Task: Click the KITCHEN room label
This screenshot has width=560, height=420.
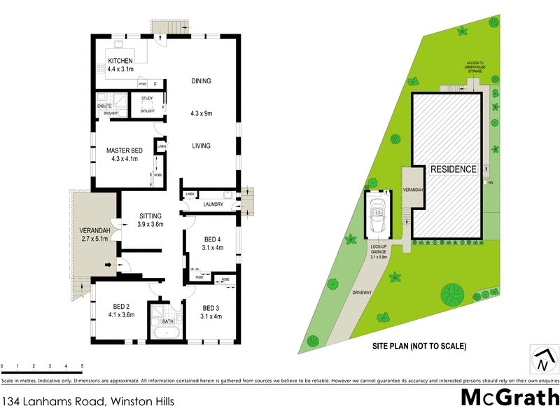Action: (x=120, y=62)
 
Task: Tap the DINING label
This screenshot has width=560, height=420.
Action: (x=201, y=81)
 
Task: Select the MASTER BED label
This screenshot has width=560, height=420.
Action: (x=124, y=150)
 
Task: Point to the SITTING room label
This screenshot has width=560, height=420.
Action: (x=150, y=216)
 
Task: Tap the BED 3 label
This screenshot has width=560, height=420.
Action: (x=212, y=308)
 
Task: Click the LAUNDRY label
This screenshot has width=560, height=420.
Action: (x=213, y=204)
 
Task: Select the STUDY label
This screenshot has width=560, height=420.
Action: (x=147, y=99)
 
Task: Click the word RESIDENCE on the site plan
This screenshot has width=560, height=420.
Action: (x=453, y=169)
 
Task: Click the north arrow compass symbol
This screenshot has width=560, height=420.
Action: (x=542, y=360)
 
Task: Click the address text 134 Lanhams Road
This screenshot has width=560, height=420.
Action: (x=87, y=402)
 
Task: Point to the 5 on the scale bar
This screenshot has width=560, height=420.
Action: (x=82, y=366)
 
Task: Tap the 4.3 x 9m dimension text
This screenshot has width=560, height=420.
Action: (x=201, y=113)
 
